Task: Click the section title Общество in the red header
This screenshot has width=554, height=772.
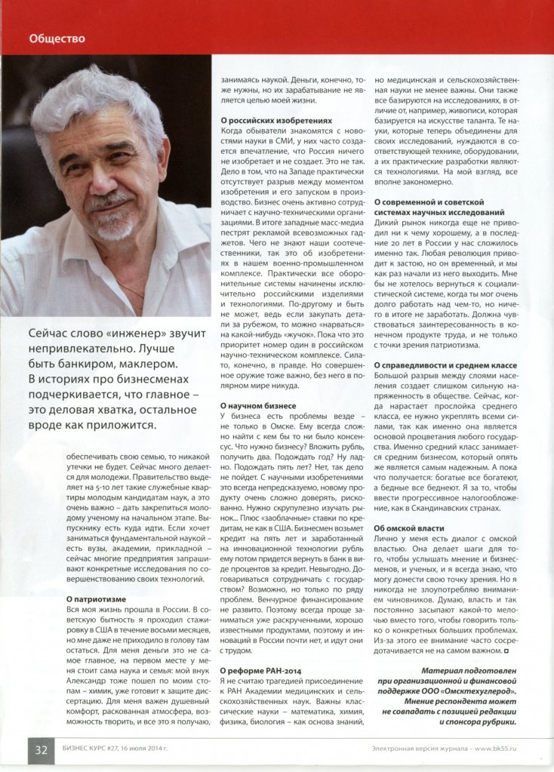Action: (x=57, y=38)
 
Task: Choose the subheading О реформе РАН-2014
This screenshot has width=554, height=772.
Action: (x=260, y=669)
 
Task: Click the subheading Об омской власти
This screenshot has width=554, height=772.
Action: (x=409, y=527)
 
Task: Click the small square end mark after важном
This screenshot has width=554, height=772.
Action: (x=506, y=650)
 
